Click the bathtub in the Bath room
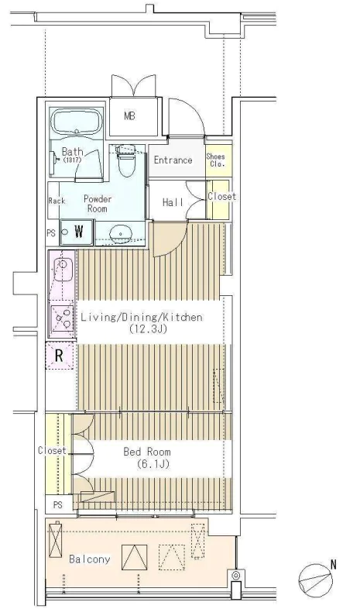77,122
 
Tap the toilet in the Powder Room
126,160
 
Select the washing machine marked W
77,232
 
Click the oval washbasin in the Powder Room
120,234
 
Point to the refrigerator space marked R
60,356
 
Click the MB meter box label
129,115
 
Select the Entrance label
173,160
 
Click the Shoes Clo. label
216,160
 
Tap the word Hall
173,202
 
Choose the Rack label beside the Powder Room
57,201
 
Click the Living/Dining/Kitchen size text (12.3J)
148,329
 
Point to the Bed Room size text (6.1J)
153,464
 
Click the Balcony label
90,559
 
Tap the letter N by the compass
333,564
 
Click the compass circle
315,581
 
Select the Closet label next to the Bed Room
52,450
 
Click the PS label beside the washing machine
51,233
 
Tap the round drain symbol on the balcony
236,575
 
